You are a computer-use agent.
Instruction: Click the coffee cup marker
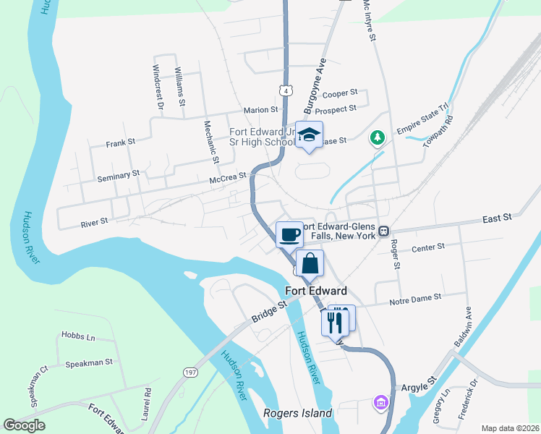tap(289, 234)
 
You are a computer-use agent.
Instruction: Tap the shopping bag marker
tap(310, 263)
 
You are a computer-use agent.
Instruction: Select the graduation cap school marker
tap(310, 135)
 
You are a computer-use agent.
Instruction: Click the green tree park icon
tap(377, 137)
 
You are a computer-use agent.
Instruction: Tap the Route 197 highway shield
tap(190, 372)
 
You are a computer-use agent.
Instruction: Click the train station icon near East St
tap(385, 231)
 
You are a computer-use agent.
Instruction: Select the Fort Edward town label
tap(316, 291)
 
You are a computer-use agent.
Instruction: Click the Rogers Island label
tap(297, 414)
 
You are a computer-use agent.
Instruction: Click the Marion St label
tap(260, 110)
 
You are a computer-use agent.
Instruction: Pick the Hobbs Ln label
tap(78, 337)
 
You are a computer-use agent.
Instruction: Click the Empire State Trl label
tap(424, 123)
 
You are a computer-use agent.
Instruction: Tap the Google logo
tap(24, 425)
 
